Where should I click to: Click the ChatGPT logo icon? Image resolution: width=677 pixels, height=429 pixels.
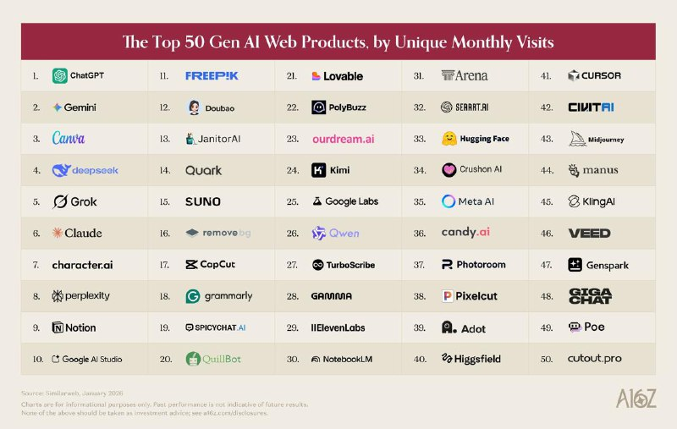pos(60,75)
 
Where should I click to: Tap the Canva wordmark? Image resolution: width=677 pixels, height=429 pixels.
pos(69,138)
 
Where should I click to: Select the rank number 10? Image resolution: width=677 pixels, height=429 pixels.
pos(38,359)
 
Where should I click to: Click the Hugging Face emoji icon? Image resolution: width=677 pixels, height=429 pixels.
pos(449,139)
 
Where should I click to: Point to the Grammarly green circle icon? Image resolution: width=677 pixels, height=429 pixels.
pos(193,296)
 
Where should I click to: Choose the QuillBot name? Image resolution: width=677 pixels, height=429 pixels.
pos(221,359)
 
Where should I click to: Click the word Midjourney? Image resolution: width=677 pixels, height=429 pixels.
pos(608,140)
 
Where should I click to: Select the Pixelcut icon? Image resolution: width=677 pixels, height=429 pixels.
pos(448,296)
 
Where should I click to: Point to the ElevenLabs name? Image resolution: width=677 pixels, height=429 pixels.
pos(338,327)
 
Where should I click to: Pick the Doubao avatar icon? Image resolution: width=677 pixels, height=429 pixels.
pos(194,107)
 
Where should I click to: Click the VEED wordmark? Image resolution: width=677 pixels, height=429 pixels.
pos(589,233)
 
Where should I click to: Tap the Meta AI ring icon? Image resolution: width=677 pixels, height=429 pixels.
pos(449,201)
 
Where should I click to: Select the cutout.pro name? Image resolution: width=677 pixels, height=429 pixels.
pos(594,359)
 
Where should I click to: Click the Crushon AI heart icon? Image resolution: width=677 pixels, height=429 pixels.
pos(449,170)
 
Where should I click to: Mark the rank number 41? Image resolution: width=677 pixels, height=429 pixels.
pos(547,76)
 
